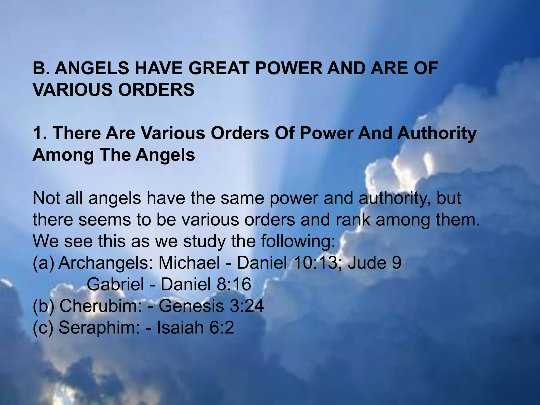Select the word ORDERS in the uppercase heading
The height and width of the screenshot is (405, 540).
coord(156,90)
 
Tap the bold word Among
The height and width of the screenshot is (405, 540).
coord(63,155)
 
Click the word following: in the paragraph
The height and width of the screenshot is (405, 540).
coord(298,242)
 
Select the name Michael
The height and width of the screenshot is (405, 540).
coord(189,263)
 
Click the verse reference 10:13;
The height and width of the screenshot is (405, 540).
coord(315,263)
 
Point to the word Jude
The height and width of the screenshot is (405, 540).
coord(365,263)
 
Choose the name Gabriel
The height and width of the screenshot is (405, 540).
coord(115,284)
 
